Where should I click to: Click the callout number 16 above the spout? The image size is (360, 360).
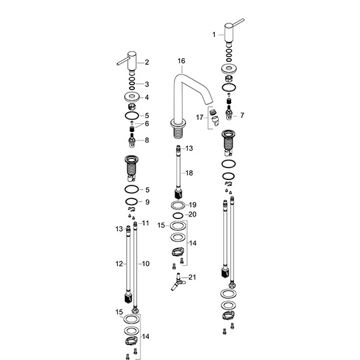pos(181,61)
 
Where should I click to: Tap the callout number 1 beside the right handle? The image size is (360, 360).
pos(214,35)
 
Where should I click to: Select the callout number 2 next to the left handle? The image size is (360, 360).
pos(147,62)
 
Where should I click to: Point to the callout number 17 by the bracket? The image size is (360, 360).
pos(200,118)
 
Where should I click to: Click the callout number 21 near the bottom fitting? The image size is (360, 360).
pos(193,277)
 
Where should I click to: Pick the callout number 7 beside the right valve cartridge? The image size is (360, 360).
pos(242,115)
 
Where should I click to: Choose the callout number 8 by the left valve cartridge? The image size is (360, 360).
pos(147,140)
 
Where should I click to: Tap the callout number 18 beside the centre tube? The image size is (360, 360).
pos(189,173)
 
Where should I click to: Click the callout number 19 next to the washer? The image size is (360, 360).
pos(193,205)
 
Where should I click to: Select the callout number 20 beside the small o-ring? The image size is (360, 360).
pos(193,214)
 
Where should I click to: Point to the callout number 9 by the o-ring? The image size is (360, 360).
pos(147,202)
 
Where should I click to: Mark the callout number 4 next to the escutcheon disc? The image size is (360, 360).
pos(147,97)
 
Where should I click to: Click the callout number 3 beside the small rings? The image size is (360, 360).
pos(147,84)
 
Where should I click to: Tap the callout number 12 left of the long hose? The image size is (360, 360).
pos(119,264)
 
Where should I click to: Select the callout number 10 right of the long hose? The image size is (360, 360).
pos(146,264)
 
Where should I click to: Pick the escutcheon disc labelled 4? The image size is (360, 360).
pos(132,97)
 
